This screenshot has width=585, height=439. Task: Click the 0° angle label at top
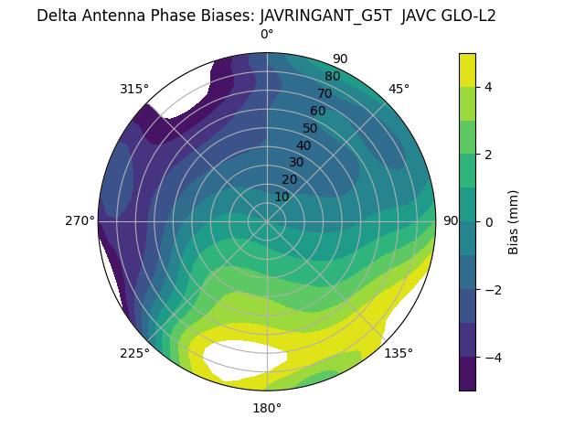[x=267, y=35]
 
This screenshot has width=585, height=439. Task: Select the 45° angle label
[x=399, y=89]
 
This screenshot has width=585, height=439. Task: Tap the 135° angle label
[x=399, y=353]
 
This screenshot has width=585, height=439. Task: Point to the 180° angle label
[x=267, y=408]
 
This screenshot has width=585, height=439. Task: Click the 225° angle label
[x=134, y=353]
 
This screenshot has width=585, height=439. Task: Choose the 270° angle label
[x=80, y=221]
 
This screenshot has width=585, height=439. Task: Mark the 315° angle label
[x=134, y=89]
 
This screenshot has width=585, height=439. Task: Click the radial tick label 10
[x=282, y=197]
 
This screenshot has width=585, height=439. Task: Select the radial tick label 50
[x=311, y=128]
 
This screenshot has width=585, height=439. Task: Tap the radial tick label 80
[x=333, y=77]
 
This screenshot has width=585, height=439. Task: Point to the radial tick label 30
[x=296, y=163]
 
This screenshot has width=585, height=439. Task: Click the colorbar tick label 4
[x=489, y=87]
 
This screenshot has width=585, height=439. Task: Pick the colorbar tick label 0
[x=489, y=221]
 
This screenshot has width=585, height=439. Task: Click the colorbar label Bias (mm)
[x=514, y=221]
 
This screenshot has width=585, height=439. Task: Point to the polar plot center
[x=267, y=221]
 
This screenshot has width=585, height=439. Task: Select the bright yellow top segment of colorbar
[x=467, y=70]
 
